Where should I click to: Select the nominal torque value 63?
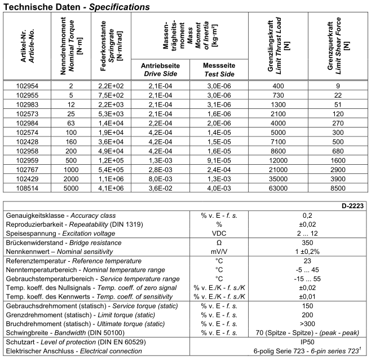tap(71, 122)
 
